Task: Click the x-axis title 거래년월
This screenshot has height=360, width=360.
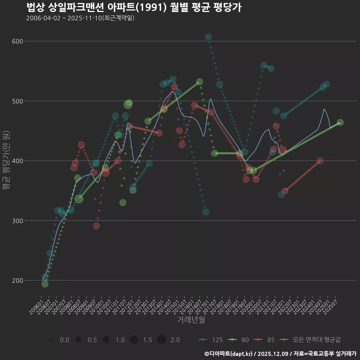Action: coord(191,320)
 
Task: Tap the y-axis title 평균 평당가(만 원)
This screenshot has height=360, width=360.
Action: coord(6,161)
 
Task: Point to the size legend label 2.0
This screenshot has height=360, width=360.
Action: coord(175,340)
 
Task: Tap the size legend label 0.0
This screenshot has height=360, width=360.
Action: coord(64,340)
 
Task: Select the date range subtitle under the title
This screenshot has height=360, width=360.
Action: coord(80,18)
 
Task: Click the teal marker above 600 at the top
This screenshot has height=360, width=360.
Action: coord(208,37)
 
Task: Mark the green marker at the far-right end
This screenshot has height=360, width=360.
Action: coord(340,123)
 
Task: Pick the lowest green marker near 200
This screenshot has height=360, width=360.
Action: coord(45,284)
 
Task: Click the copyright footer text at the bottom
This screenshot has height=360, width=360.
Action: coord(280,354)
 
